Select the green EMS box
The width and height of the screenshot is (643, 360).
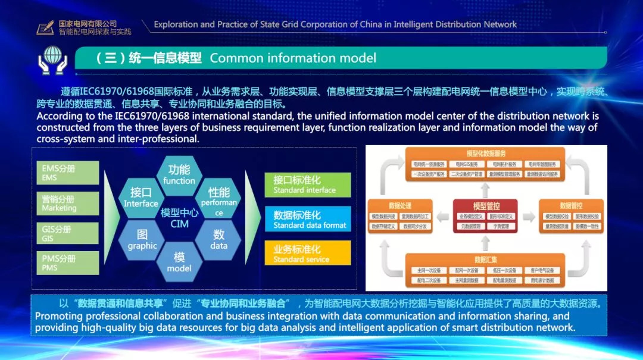click(x=67, y=173)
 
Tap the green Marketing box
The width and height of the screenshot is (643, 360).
click(x=67, y=204)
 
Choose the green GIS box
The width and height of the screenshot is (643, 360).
click(x=67, y=233)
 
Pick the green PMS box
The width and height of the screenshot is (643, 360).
click(x=67, y=263)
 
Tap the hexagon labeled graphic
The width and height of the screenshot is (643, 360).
click(x=142, y=240)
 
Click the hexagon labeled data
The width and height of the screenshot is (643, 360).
click(x=219, y=240)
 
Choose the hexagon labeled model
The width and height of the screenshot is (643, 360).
click(x=179, y=262)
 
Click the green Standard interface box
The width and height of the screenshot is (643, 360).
click(x=307, y=184)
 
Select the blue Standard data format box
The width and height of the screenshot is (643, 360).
click(x=307, y=220)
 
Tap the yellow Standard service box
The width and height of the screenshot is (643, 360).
click(x=307, y=253)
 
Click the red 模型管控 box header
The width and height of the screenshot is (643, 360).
click(x=486, y=206)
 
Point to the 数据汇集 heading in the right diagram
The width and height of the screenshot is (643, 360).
click(x=485, y=259)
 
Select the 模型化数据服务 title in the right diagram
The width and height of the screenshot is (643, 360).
click(x=486, y=154)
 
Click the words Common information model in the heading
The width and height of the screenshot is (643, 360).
click(x=293, y=58)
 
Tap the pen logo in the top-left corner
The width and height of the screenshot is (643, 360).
click(x=45, y=27)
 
